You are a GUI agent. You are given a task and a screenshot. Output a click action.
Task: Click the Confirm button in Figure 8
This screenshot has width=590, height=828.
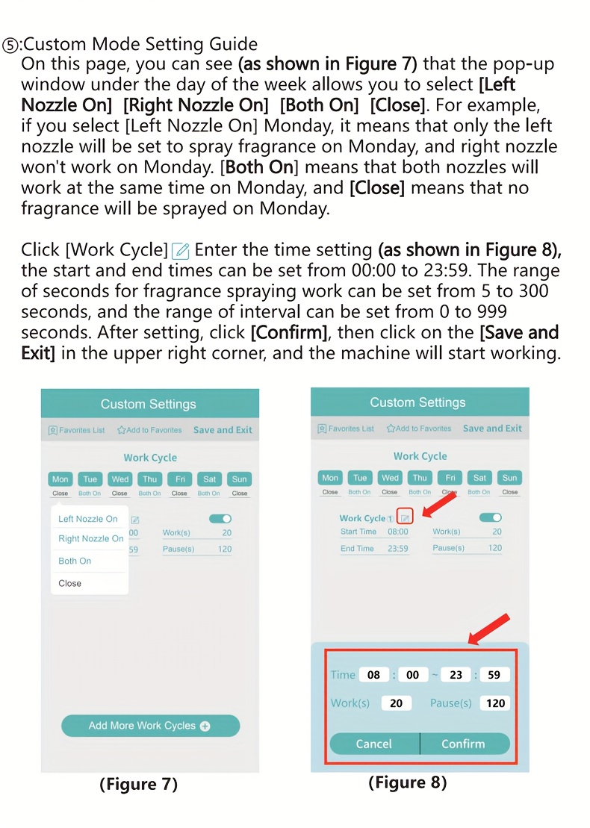pyautogui.click(x=463, y=744)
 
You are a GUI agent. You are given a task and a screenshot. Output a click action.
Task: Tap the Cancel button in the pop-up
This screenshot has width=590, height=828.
pyautogui.click(x=374, y=744)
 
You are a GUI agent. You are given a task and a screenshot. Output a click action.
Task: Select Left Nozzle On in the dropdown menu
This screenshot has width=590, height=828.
pyautogui.click(x=88, y=519)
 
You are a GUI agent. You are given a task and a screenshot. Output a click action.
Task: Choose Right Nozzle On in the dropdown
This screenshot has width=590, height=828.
pyautogui.click(x=91, y=538)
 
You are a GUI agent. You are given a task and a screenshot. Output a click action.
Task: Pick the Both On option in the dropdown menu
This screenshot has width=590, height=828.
pyautogui.click(x=75, y=561)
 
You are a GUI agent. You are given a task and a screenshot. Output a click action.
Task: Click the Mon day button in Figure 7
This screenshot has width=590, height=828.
pyautogui.click(x=60, y=479)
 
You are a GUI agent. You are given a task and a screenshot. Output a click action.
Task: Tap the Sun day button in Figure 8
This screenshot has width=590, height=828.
pyautogui.click(x=509, y=478)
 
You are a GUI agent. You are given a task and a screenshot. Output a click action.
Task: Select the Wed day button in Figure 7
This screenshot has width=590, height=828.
pyautogui.click(x=119, y=479)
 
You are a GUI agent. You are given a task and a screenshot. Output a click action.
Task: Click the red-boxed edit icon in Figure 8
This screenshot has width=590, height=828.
pyautogui.click(x=405, y=517)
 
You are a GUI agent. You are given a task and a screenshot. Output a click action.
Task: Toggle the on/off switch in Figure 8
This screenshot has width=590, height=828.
pyautogui.click(x=491, y=517)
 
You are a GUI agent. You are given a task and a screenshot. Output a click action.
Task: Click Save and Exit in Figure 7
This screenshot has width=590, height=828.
pyautogui.click(x=223, y=430)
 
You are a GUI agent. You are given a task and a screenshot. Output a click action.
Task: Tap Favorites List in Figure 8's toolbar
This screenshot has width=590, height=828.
pyautogui.click(x=346, y=429)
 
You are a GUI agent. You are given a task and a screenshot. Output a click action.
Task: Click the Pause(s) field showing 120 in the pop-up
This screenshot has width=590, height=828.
pyautogui.click(x=495, y=703)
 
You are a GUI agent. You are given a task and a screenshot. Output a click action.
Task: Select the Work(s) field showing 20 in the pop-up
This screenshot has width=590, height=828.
pyautogui.click(x=396, y=703)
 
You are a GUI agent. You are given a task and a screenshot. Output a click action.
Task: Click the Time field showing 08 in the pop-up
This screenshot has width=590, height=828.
pyautogui.click(x=374, y=675)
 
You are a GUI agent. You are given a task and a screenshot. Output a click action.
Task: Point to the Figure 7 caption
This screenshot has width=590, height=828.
pyautogui.click(x=139, y=784)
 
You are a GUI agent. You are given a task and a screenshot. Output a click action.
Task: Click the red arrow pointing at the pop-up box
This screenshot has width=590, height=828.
pyautogui.click(x=489, y=629)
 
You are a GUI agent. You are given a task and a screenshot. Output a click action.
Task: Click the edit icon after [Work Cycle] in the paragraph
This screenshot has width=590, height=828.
pyautogui.click(x=180, y=250)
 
